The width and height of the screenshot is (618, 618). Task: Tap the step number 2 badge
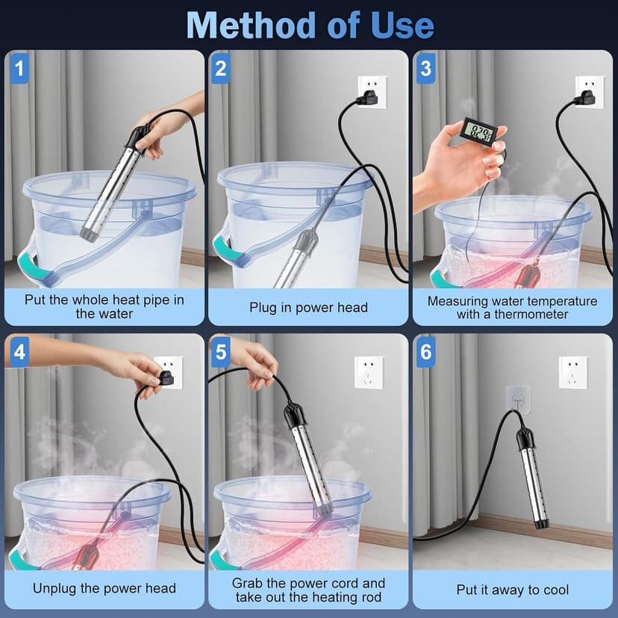(x=220, y=69)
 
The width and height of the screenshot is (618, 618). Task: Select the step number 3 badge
(x=425, y=69)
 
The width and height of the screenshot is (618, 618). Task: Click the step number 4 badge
(x=19, y=352)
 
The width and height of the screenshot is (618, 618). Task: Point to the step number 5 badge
(x=220, y=352)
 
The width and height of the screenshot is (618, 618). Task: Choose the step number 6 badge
(x=425, y=352)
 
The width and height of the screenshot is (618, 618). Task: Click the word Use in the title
(x=402, y=25)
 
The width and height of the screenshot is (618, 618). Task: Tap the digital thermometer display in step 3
(x=477, y=132)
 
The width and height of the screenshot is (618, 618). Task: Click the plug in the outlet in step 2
(x=370, y=93)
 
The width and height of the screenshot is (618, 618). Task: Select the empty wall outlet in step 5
(x=369, y=372)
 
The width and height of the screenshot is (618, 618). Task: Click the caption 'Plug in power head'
(x=308, y=308)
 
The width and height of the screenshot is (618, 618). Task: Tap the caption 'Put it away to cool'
(x=512, y=590)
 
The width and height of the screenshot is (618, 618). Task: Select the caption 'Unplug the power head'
(x=104, y=588)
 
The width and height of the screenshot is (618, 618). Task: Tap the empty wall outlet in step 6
(x=573, y=372)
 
